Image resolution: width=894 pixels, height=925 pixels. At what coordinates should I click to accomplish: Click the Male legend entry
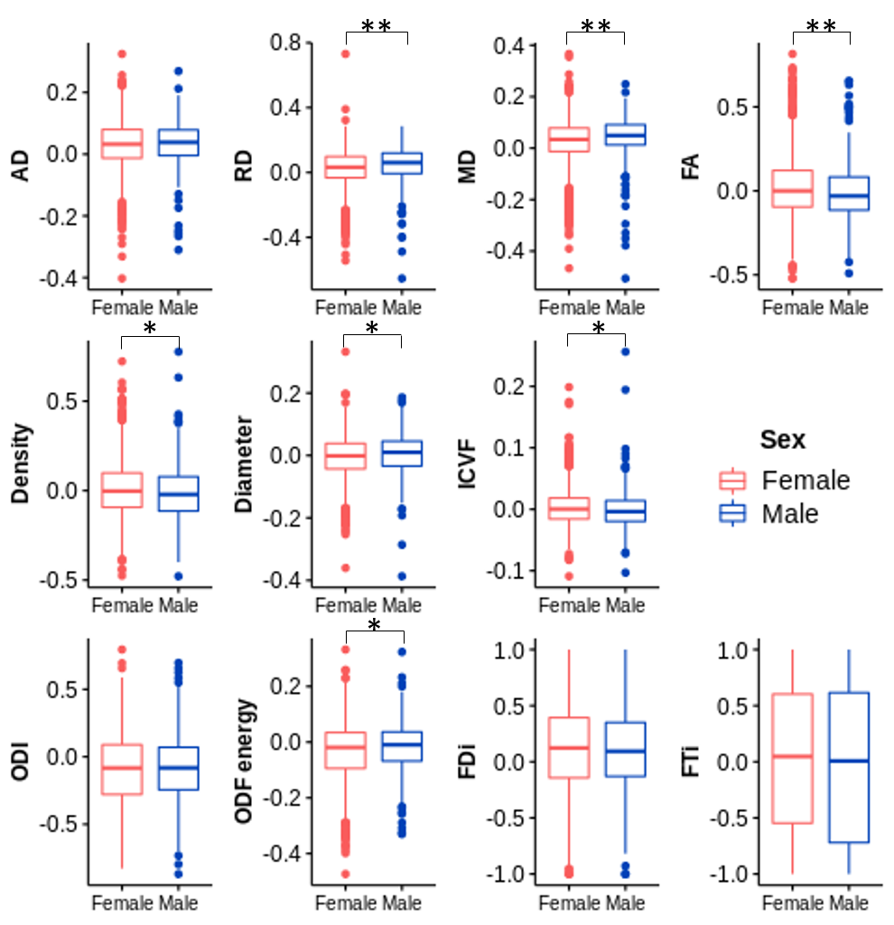(x=789, y=514)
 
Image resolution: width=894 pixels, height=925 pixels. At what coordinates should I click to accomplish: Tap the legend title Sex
(x=782, y=440)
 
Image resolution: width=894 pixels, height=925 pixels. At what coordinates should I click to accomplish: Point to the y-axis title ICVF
(x=467, y=464)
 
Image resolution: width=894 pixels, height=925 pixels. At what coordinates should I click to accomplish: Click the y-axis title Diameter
(x=243, y=463)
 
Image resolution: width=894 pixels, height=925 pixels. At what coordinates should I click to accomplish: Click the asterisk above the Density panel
(x=150, y=329)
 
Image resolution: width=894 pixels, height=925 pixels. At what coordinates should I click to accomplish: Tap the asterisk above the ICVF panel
(x=597, y=329)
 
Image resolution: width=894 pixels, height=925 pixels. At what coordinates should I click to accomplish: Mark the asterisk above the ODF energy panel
(x=374, y=625)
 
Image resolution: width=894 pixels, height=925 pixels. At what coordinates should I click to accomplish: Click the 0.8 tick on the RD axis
(x=286, y=43)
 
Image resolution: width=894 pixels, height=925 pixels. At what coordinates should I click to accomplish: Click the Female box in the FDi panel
(x=568, y=747)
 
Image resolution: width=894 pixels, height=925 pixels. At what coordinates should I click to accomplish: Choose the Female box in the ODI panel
(x=122, y=770)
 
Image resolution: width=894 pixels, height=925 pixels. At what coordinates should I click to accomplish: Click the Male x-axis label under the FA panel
(x=849, y=308)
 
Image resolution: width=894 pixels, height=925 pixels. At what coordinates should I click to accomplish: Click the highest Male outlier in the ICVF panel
(x=625, y=351)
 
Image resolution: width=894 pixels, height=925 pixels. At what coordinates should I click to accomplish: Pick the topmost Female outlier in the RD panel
(x=345, y=54)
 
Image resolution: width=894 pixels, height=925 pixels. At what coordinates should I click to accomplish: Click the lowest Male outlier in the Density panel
(x=179, y=575)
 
